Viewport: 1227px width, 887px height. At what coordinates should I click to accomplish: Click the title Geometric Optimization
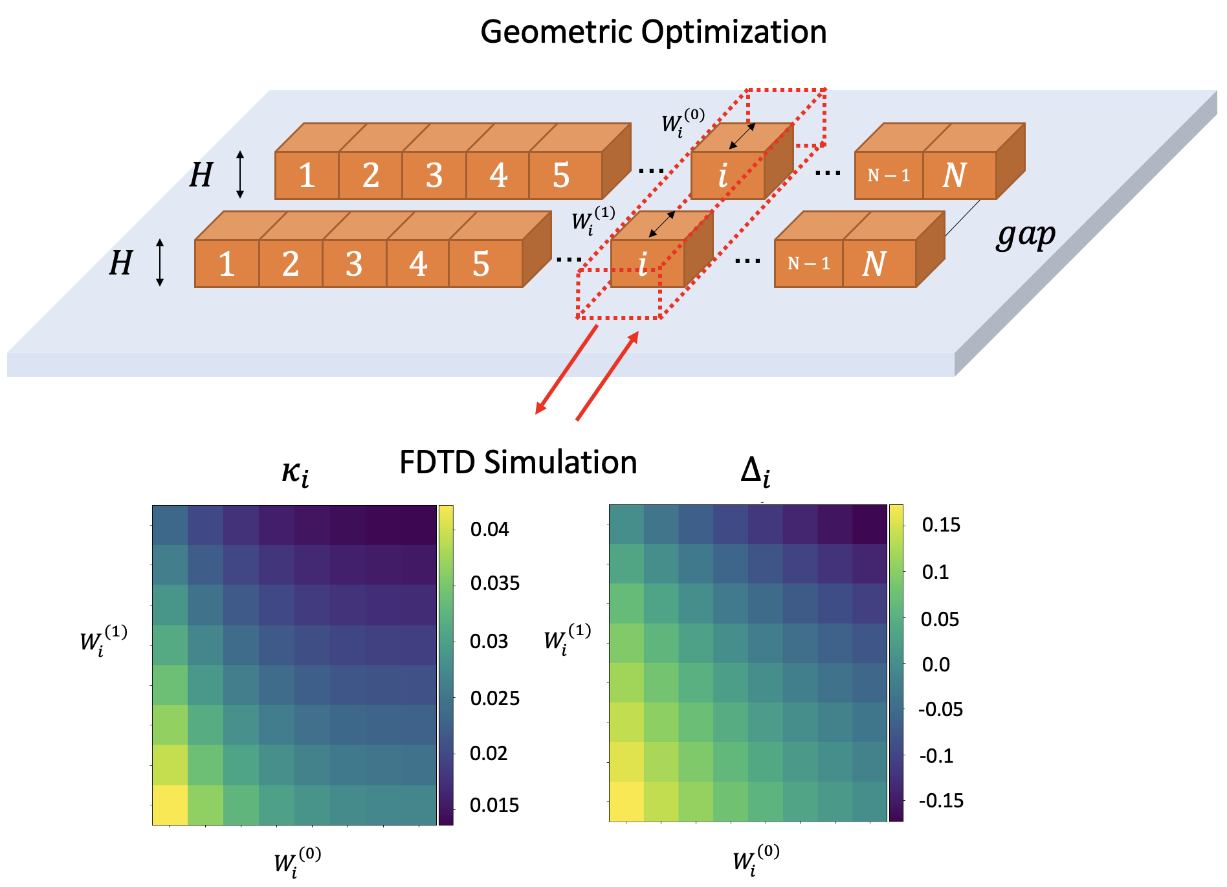(653, 32)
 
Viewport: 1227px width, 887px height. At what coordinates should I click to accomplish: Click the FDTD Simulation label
(518, 463)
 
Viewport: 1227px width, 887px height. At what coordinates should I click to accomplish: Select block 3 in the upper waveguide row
(434, 175)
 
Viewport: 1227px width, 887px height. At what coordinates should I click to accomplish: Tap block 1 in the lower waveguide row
(227, 264)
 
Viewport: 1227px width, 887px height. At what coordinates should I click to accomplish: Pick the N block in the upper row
(955, 175)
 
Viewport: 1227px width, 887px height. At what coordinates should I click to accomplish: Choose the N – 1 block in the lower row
(808, 264)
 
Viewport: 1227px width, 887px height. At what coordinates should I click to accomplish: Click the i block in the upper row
(724, 175)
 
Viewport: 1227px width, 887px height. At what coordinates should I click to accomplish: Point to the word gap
(1026, 236)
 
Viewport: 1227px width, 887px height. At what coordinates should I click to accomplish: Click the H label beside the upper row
(201, 175)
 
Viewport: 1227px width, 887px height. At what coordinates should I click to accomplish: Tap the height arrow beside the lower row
(160, 262)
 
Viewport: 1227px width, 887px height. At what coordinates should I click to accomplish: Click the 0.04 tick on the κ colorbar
(489, 530)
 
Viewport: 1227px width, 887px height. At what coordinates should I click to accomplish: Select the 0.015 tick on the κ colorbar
(494, 805)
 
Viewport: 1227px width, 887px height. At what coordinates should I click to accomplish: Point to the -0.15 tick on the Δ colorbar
(941, 801)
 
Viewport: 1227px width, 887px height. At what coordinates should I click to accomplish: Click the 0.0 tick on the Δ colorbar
(936, 664)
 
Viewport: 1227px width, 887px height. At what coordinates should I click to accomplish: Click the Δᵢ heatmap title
(755, 472)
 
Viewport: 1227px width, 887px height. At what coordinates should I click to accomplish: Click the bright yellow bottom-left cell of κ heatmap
(170, 805)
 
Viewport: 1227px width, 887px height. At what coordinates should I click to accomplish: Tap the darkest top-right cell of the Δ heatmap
(869, 524)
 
